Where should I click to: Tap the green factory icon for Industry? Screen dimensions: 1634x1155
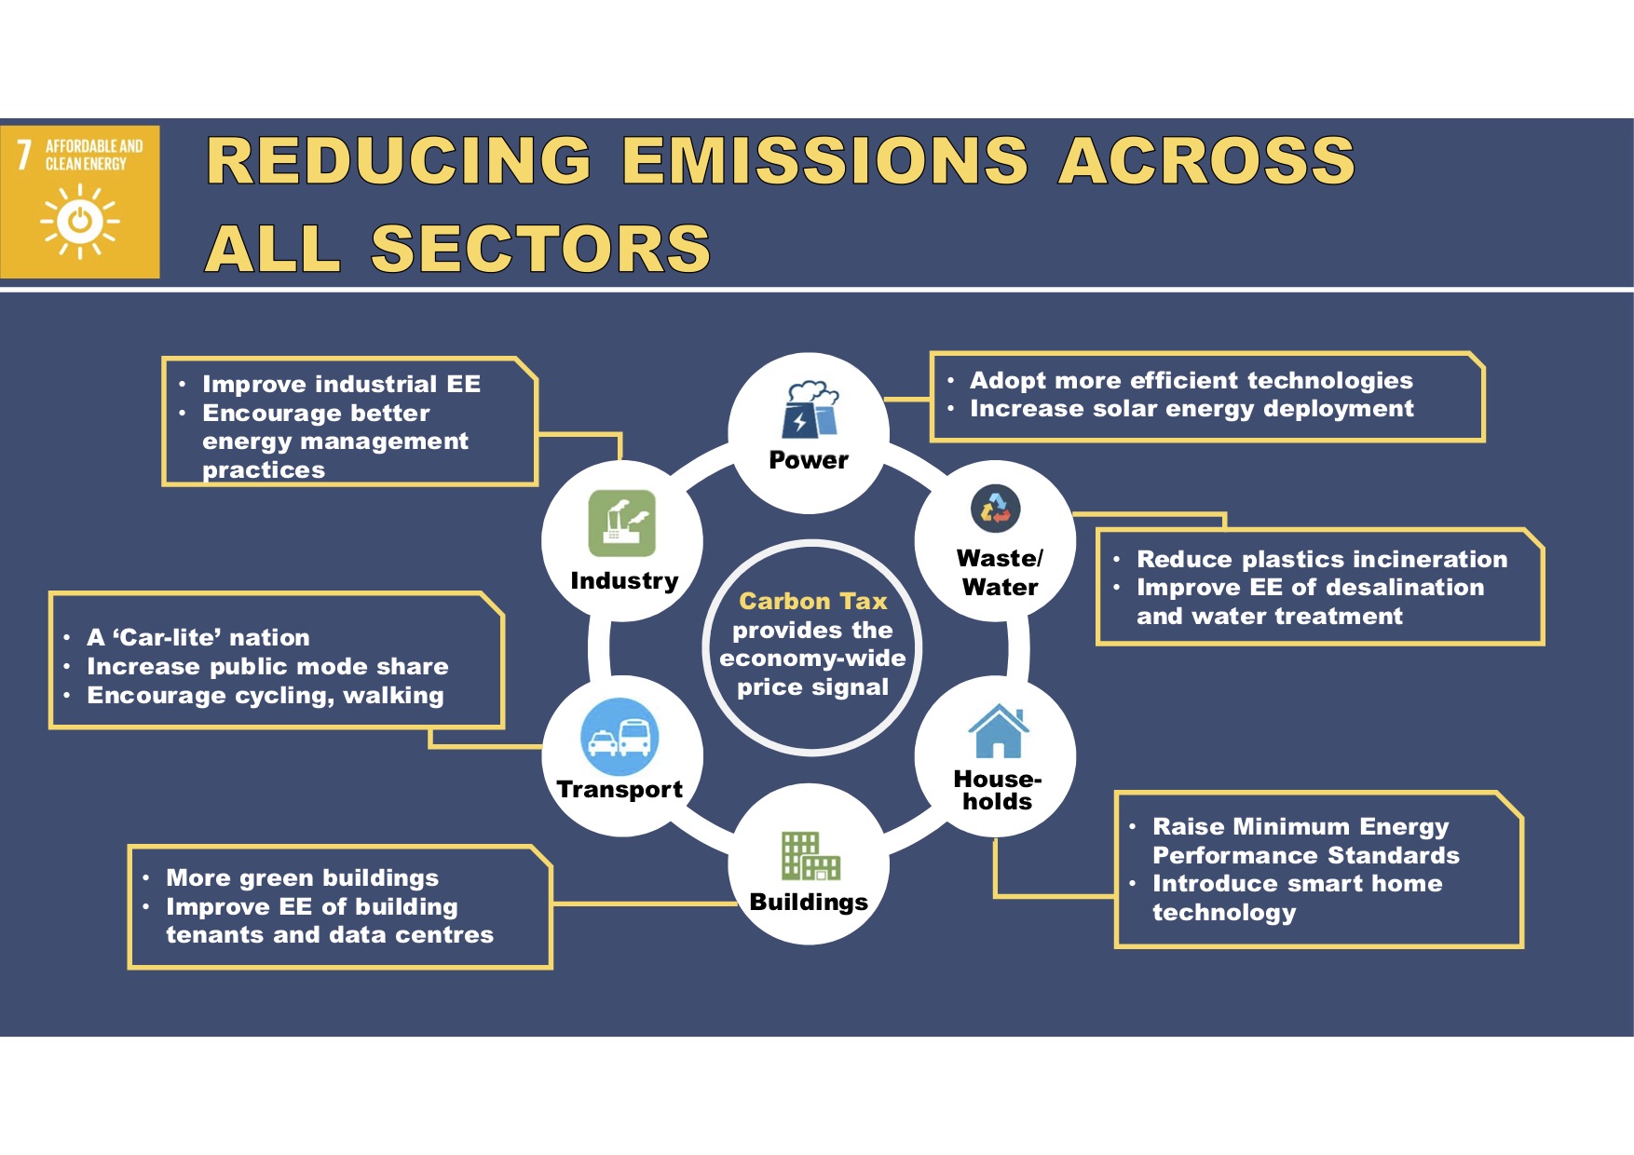coord(622,523)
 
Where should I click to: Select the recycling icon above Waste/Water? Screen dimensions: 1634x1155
coord(996,509)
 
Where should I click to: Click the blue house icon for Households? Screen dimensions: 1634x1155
coord(999,731)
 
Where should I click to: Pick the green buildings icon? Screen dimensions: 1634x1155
coord(810,855)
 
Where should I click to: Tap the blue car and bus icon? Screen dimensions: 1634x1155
coord(620,737)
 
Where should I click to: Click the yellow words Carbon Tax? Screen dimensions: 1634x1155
coord(813,601)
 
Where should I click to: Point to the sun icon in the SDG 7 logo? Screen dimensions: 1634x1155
coord(80,221)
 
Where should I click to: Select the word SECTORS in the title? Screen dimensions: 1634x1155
coord(541,249)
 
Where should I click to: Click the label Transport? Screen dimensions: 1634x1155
coord(620,790)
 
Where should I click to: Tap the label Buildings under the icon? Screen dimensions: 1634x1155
coord(809,903)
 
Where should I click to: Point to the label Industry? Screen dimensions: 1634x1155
coord(624,581)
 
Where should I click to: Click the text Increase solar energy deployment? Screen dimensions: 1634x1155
coord(1191,409)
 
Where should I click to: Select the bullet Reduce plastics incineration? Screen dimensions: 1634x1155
coord(1322,559)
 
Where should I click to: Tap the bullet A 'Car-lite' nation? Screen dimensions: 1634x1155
coord(198,638)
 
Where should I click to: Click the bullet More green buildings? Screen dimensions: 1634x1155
coord(302,878)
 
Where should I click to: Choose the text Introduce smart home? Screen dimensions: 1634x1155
coord(1297,884)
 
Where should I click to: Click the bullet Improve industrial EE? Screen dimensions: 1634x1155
coord(341,385)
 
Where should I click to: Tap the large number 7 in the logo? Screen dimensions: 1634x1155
coord(24,155)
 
